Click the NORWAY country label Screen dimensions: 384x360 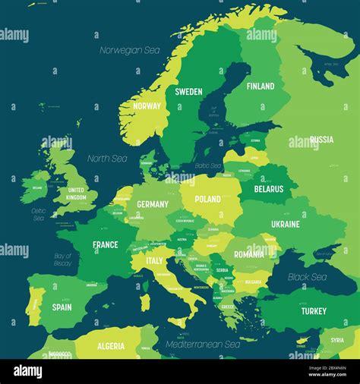tap(147, 106)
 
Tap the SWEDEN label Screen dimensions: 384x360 tap(188, 92)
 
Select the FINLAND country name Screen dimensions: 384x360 tap(261, 87)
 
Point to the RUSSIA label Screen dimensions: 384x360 tap(321, 140)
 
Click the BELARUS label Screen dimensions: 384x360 tap(269, 189)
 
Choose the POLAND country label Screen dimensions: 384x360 tap(207, 199)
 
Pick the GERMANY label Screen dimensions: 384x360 tap(153, 204)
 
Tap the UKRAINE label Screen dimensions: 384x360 tap(286, 224)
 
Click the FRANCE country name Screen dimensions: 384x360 tap(106, 244)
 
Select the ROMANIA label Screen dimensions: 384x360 tap(249, 254)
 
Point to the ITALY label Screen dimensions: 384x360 tap(154, 260)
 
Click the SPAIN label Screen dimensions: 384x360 tap(62, 307)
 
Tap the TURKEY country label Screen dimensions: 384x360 tap(313, 311)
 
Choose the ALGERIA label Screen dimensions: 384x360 tap(111, 346)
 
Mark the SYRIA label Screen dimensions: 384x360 tap(336, 340)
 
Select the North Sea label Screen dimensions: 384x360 tap(107, 159)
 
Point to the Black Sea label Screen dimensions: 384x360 tap(307, 277)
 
